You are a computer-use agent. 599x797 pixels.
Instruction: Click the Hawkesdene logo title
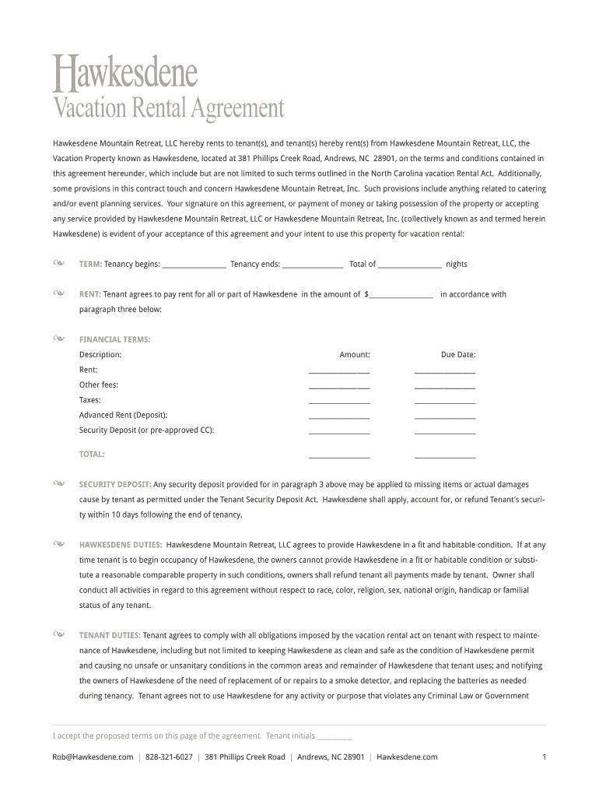[125, 74]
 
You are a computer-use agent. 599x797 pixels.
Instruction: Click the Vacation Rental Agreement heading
[168, 108]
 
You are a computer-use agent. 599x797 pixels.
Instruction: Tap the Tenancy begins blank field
[194, 265]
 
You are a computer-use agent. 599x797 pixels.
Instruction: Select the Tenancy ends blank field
[313, 265]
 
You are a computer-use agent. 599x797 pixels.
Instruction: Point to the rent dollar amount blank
[401, 295]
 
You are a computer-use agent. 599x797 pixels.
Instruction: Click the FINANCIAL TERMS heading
[114, 339]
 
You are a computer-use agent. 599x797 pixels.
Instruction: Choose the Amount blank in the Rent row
[339, 371]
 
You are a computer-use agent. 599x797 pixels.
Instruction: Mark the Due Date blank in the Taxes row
[444, 401]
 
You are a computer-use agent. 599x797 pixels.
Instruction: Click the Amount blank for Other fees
[339, 386]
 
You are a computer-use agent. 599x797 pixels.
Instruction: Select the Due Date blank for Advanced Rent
[444, 416]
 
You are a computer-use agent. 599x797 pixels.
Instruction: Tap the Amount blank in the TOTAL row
[339, 455]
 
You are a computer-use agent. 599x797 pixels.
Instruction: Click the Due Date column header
[458, 355]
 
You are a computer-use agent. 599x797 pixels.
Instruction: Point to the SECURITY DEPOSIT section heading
[115, 485]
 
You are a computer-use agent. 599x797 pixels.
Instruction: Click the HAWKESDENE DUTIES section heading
[121, 546]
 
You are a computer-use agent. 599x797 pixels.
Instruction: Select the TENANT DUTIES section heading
[110, 636]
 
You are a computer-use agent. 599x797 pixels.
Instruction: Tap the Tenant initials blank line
[335, 736]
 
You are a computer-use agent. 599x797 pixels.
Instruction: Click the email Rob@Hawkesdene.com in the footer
[93, 757]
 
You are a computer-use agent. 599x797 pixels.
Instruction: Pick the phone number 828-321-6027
[169, 757]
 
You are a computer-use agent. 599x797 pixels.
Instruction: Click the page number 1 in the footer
[544, 757]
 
